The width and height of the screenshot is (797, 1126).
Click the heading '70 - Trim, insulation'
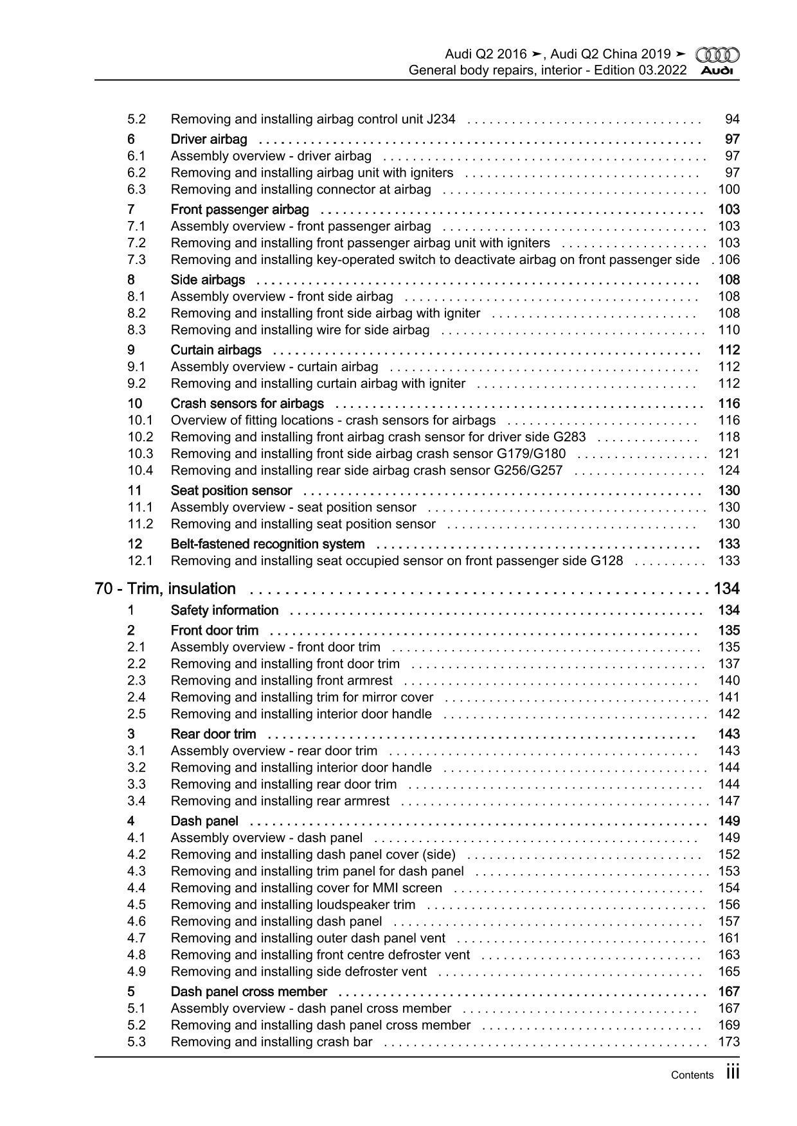click(x=165, y=589)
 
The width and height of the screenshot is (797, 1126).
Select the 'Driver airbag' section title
click(x=208, y=139)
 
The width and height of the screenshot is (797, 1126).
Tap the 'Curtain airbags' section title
click(x=216, y=350)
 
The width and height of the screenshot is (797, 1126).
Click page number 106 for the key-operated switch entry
click(x=729, y=260)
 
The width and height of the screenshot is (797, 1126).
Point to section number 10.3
click(x=140, y=453)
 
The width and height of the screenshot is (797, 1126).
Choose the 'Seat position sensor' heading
click(x=231, y=491)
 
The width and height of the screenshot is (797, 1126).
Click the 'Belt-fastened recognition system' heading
click(x=267, y=544)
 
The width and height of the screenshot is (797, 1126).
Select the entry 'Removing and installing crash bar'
click(x=271, y=1042)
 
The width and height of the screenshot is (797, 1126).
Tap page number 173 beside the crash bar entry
click(x=729, y=1042)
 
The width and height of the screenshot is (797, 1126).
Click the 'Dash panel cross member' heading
click(x=249, y=992)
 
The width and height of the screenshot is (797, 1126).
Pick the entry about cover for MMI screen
click(x=306, y=888)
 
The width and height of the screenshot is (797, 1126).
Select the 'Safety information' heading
click(x=224, y=610)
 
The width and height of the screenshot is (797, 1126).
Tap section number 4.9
click(x=136, y=971)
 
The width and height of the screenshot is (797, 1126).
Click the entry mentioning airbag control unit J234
click(x=312, y=119)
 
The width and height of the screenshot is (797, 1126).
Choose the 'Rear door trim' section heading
click(x=213, y=734)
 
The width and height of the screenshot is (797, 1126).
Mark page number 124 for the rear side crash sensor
click(x=729, y=470)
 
